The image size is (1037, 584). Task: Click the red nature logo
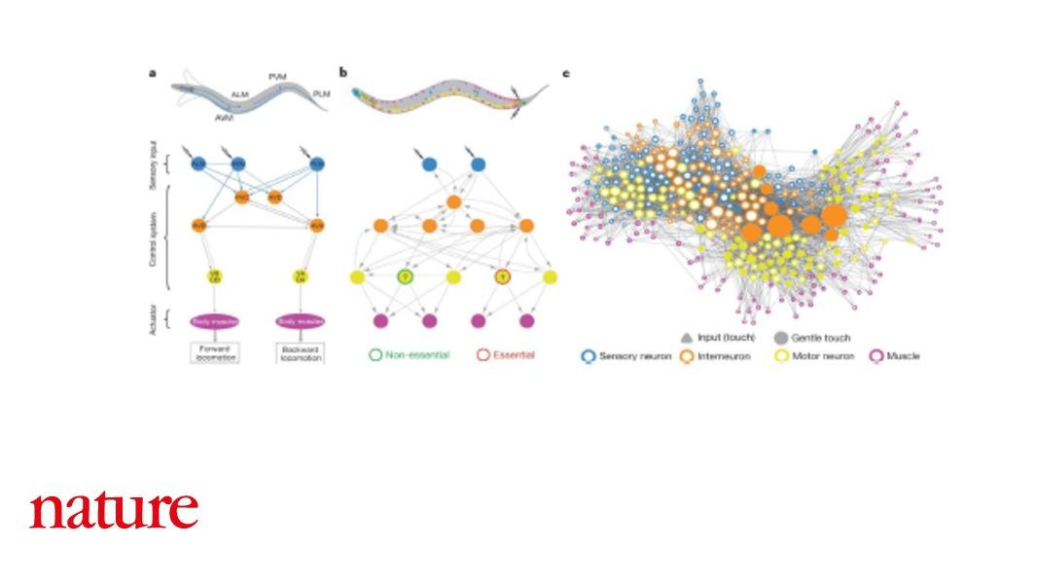tap(114, 510)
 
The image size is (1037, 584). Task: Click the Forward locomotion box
tap(214, 352)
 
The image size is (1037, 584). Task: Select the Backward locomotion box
tap(300, 352)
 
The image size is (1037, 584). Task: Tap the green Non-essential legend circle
tap(375, 355)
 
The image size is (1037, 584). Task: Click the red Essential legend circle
tap(483, 355)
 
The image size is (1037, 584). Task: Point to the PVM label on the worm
tap(277, 76)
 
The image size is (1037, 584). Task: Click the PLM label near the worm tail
tap(321, 93)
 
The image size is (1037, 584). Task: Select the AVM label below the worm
tap(223, 116)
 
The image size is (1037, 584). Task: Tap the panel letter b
tap(342, 72)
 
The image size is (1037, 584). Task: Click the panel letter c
tap(566, 73)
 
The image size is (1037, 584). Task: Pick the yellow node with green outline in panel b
tap(405, 277)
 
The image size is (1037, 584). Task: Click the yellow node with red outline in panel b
tap(502, 277)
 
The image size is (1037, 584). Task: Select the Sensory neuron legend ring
tap(588, 356)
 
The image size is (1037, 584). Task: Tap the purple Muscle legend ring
tap(876, 356)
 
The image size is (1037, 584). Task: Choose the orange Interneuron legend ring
tap(687, 356)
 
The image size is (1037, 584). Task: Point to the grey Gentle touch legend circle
tap(779, 338)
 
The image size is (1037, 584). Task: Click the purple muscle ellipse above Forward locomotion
tap(214, 320)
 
